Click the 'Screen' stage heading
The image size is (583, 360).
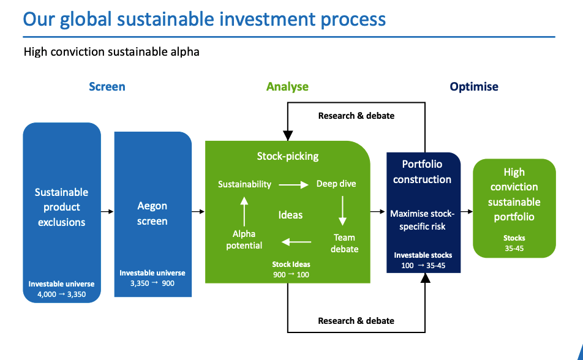point(107,86)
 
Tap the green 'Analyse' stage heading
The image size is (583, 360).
point(287,86)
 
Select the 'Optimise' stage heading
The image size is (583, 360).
point(474,86)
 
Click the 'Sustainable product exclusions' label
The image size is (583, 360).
point(62,207)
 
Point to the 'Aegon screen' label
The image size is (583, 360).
point(152,214)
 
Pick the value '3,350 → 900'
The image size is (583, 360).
point(152,283)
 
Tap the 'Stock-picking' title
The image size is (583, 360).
point(288,156)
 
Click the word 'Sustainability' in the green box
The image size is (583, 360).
point(244,184)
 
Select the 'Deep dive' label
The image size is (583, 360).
point(336,184)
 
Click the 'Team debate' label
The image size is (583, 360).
point(344,243)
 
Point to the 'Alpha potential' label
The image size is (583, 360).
point(244,239)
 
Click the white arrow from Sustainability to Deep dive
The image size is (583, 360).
point(293,184)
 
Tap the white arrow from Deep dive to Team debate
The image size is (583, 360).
point(342,211)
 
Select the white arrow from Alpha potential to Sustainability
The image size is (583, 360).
point(244,211)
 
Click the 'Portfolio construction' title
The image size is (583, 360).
point(423,171)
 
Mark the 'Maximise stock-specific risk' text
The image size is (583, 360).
point(423,220)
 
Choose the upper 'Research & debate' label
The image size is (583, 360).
point(356,115)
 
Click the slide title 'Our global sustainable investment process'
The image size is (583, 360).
point(205,18)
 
